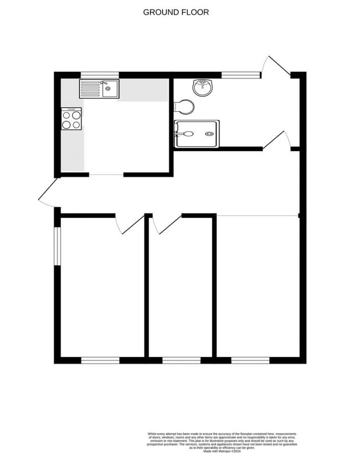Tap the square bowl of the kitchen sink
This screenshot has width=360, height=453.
click(x=111, y=89)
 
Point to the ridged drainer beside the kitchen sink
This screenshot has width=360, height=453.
click(x=90, y=89)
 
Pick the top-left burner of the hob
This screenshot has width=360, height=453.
click(x=66, y=115)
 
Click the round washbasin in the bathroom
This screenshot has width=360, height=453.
click(x=203, y=87)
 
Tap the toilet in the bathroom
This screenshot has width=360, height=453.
click(x=183, y=106)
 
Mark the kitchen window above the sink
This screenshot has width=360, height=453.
click(x=99, y=74)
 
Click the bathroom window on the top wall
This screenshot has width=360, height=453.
click(x=241, y=74)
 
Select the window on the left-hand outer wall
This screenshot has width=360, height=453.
click(x=57, y=247)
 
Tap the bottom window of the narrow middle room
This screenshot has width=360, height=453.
click(x=181, y=360)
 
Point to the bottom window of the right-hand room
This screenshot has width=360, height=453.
click(x=250, y=360)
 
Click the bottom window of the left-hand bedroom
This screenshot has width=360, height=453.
click(x=100, y=360)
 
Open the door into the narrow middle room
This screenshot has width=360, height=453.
click(x=168, y=224)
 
